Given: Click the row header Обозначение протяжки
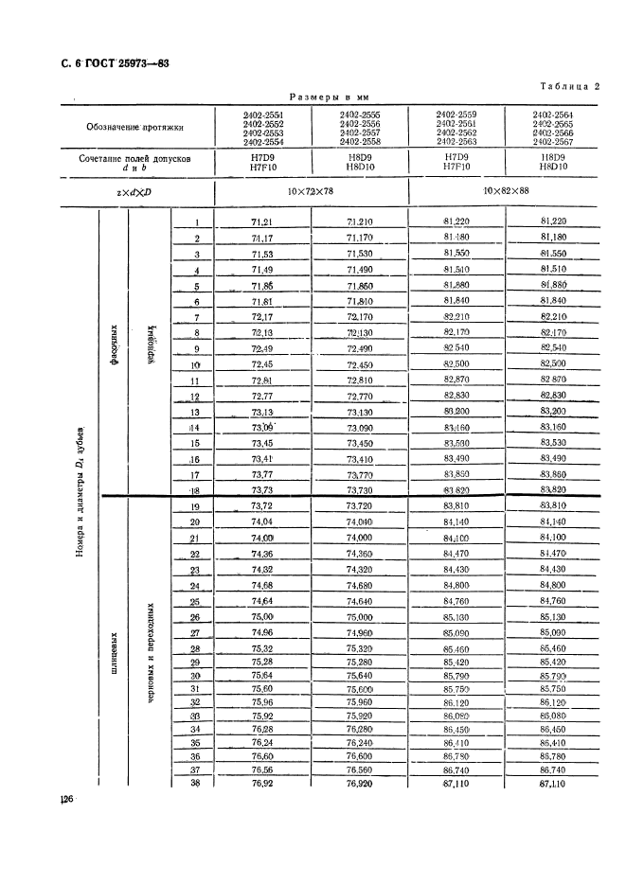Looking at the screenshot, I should pyautogui.click(x=132, y=127).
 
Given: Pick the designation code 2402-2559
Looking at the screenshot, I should pyautogui.click(x=456, y=114).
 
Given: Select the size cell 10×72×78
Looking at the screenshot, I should pyautogui.click(x=312, y=192).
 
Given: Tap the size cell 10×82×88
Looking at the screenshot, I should pyautogui.click(x=505, y=192).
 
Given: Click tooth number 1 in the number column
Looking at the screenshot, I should pyautogui.click(x=197, y=222).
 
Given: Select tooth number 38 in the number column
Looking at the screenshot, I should pyautogui.click(x=196, y=784).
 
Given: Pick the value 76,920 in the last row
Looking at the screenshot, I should pyautogui.click(x=360, y=784).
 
